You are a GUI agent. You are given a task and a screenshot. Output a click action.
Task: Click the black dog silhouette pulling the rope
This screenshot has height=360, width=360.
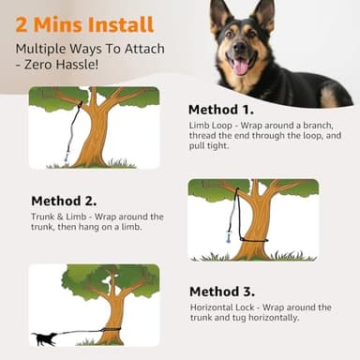pyautogui.click(x=43, y=338)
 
